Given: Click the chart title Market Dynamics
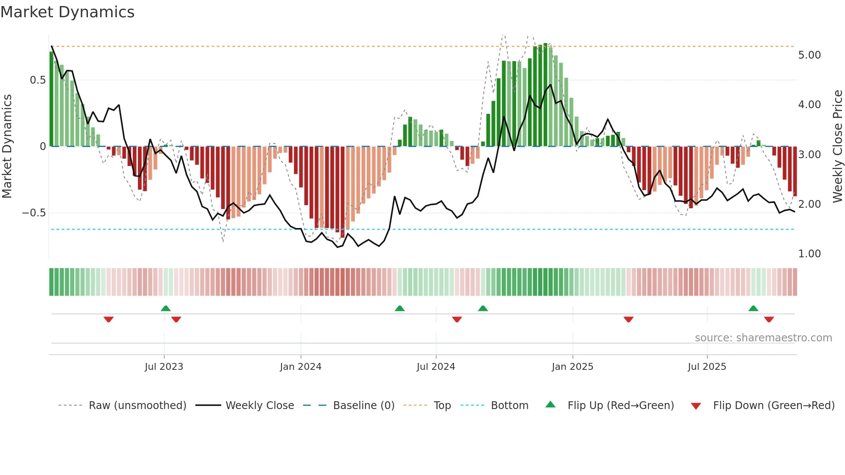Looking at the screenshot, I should click(x=67, y=12).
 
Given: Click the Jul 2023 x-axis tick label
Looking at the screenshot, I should click(x=164, y=367).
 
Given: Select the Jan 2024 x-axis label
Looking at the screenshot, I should click(x=300, y=367).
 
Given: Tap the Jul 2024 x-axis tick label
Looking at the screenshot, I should click(x=436, y=367).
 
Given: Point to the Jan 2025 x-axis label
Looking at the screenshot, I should click(x=573, y=367).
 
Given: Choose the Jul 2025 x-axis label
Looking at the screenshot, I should click(x=707, y=367).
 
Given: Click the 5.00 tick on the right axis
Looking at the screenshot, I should click(x=809, y=55).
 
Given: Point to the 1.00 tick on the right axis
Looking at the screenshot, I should click(x=809, y=254).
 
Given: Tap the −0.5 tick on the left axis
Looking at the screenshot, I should click(x=34, y=213).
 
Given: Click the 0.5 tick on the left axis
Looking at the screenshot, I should click(x=38, y=80).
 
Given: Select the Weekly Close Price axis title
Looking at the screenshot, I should click(x=837, y=146).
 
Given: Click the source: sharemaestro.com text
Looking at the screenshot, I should click(x=763, y=338).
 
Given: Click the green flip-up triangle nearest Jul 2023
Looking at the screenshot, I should click(x=166, y=308).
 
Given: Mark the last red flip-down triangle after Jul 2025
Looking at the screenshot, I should click(x=769, y=319).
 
